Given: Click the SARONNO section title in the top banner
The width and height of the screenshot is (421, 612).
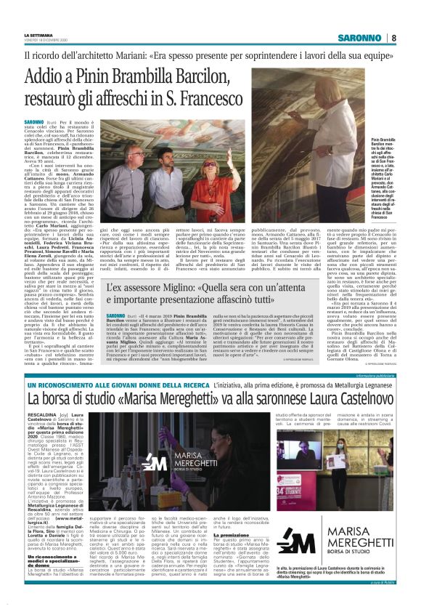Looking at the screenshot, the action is pos(361,38).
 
